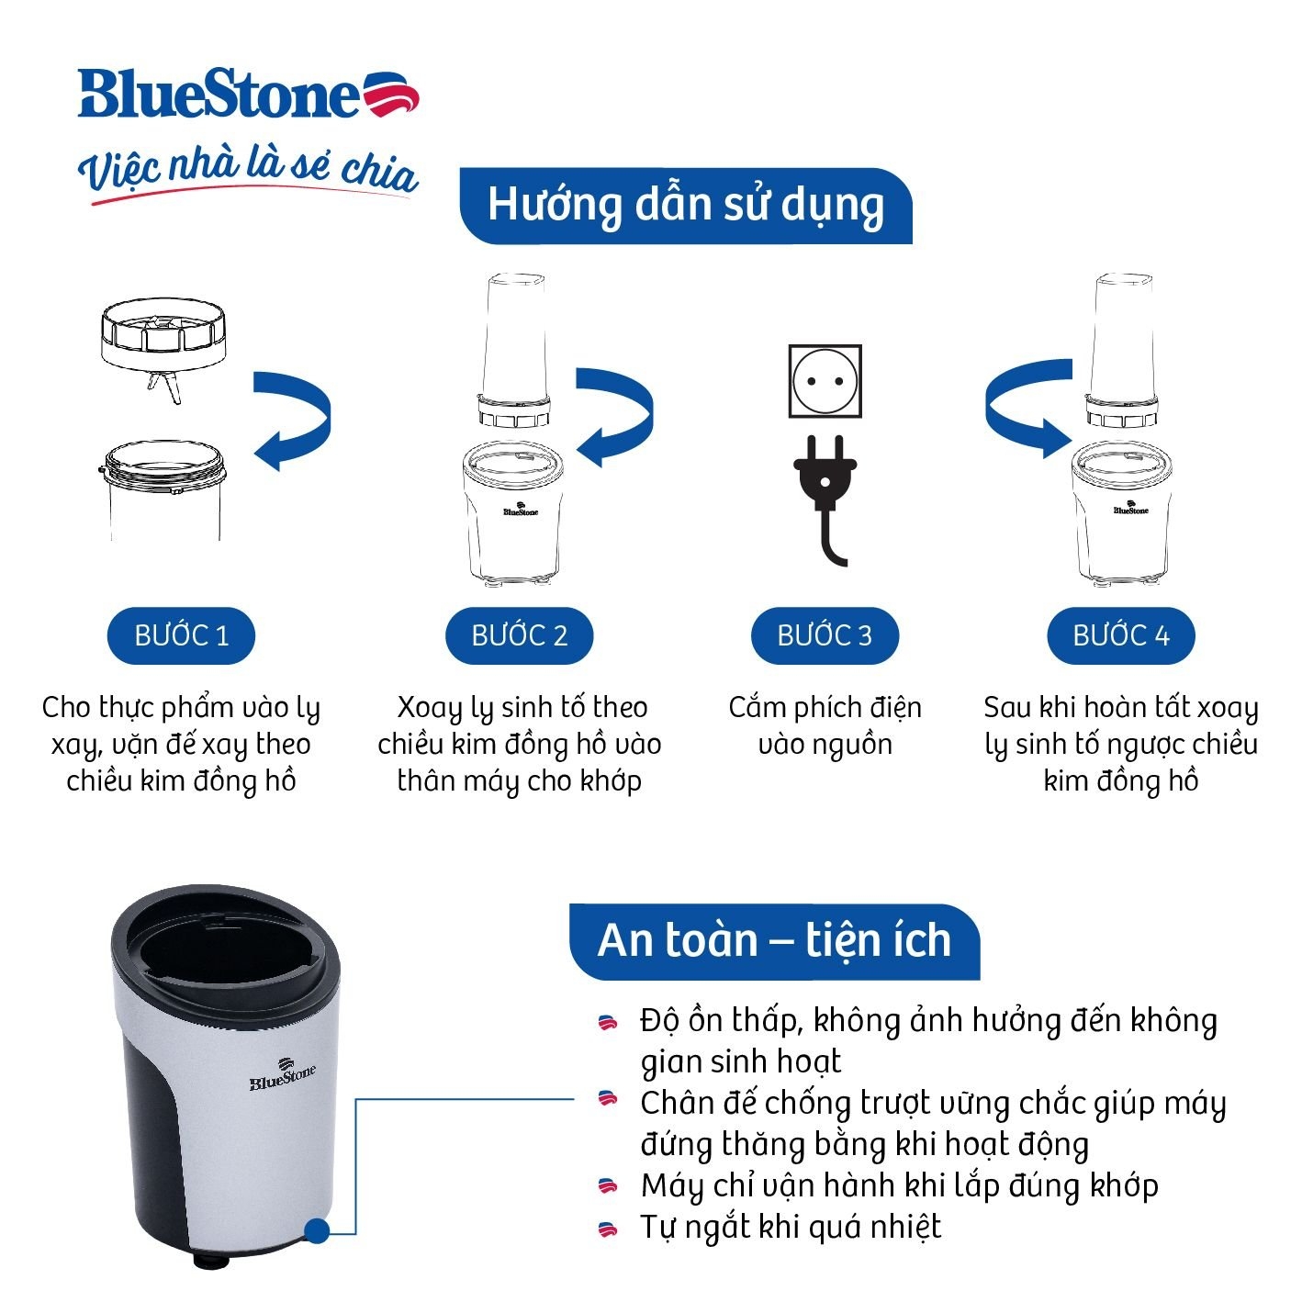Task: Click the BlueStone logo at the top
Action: (248, 95)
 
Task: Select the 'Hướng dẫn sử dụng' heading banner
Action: (685, 206)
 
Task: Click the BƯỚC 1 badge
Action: (181, 635)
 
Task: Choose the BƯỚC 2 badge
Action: (519, 635)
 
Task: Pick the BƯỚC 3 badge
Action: (824, 635)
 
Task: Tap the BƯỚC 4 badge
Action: (1120, 635)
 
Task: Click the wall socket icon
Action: (825, 381)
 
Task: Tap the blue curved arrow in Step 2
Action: (615, 417)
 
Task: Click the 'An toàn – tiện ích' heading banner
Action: (774, 941)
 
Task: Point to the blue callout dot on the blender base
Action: (316, 1231)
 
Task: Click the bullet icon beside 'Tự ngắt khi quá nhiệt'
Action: (607, 1228)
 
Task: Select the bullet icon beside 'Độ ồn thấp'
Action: (607, 1022)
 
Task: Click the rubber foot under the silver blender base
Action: (208, 1261)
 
